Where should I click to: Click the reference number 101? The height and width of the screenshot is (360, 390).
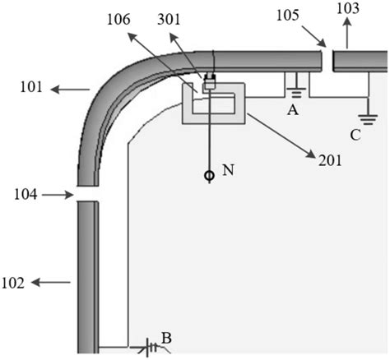31,88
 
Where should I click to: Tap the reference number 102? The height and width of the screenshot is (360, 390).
13,283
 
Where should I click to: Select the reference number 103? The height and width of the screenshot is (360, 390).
348,8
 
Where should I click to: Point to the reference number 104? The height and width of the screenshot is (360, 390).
26,195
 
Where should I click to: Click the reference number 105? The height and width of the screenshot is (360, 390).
287,15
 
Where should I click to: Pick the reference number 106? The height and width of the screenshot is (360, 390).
118,20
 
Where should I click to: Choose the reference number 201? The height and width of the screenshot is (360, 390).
330,160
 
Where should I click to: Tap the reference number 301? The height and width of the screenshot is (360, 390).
169,20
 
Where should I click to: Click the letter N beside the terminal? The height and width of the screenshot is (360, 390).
228,170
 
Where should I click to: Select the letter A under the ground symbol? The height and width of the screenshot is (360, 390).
293,110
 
